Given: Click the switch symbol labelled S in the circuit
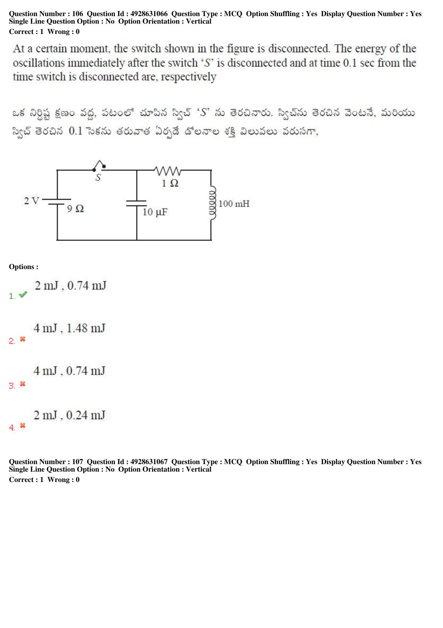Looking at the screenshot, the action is [99, 166].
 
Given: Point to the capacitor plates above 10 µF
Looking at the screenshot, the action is [136, 203].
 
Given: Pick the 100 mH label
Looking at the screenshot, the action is [234, 204].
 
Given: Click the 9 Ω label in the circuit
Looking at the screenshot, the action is [75, 209].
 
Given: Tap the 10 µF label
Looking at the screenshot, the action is [155, 212].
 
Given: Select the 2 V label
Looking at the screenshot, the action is [31, 201].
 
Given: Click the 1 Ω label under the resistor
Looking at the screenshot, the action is [170, 183].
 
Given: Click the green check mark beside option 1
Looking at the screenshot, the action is [23, 294].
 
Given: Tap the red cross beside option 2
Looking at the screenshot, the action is [23, 339].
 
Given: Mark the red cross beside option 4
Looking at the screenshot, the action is [23, 425].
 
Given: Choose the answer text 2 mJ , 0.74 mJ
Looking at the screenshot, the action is [70, 286].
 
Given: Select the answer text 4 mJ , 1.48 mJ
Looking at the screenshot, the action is [70, 328].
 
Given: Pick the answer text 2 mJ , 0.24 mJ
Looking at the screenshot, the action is [70, 415].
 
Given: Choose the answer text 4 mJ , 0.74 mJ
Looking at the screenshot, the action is [70, 371].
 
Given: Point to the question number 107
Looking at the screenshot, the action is [78, 462].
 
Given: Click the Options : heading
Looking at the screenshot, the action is [24, 267].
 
